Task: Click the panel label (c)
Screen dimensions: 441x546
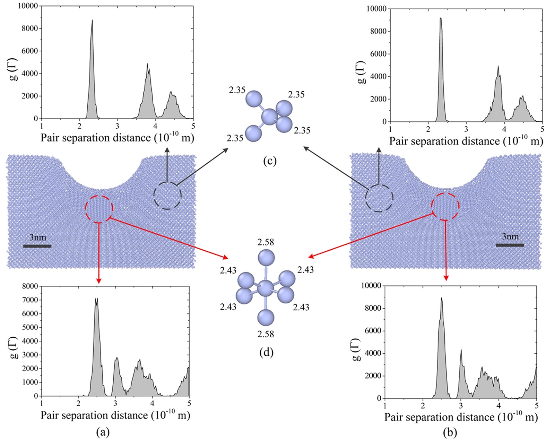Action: point(269,161)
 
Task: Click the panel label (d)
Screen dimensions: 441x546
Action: point(266,352)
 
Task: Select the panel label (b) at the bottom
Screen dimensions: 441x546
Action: point(450,432)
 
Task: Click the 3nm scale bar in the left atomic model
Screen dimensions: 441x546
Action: point(37,246)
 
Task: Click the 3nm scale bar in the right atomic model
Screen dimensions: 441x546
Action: point(510,245)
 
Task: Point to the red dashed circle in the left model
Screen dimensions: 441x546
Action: point(99,208)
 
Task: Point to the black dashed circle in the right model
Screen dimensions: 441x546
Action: point(379,198)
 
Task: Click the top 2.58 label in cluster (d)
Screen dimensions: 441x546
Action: point(266,242)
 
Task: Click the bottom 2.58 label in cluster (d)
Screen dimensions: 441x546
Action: point(266,334)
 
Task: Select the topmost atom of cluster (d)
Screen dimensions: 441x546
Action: point(266,258)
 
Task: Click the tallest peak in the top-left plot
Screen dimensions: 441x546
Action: point(92,21)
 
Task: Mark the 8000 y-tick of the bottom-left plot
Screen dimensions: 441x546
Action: point(29,286)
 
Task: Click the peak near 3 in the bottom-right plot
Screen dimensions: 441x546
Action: point(461,351)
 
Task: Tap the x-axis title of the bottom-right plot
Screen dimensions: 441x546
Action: point(461,417)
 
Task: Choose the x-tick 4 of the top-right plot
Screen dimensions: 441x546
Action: point(504,129)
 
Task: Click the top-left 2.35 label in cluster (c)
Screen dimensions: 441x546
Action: point(237,90)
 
